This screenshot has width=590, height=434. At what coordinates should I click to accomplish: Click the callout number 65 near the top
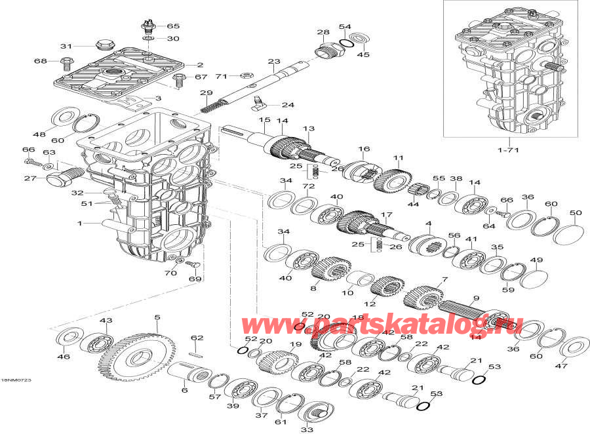pyautogui.click(x=172, y=26)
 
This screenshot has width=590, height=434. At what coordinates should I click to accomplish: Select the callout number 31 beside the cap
pyautogui.click(x=66, y=46)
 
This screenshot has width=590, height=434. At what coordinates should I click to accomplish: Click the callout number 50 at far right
pyautogui.click(x=575, y=213)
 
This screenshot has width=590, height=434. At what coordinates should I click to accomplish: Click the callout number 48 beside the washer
pyautogui.click(x=40, y=134)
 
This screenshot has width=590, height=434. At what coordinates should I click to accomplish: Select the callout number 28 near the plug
pyautogui.click(x=323, y=32)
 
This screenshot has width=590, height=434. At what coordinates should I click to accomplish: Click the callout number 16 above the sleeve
pyautogui.click(x=364, y=149)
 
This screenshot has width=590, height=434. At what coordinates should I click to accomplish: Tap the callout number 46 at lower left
pyautogui.click(x=63, y=357)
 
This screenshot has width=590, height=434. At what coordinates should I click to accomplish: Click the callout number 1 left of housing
pyautogui.click(x=81, y=224)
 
